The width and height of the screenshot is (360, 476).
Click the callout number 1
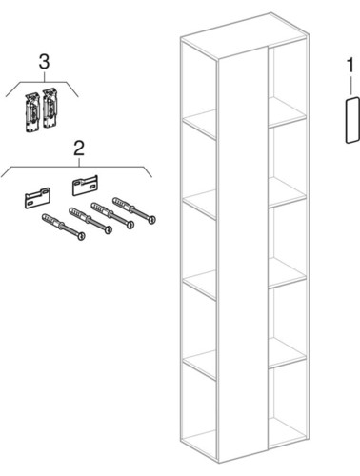pos(350,66)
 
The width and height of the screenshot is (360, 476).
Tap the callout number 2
pos(79,149)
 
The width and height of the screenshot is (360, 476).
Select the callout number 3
pos(44,62)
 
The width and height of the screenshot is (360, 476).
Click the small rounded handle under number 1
pos(352,120)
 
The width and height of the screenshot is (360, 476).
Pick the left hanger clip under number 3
pos(32,111)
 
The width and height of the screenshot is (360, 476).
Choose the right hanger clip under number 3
pos(50,109)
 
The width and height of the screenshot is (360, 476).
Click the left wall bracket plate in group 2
pos(37,198)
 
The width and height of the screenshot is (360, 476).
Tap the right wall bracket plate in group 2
pos(85,186)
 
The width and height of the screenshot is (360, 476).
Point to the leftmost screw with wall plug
pos(64,227)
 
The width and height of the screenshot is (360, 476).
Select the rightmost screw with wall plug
pos(134,210)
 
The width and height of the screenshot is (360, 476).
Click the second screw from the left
pos(90,221)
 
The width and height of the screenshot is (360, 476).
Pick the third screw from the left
pos(112,216)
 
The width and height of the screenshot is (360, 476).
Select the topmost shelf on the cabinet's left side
pos(200,125)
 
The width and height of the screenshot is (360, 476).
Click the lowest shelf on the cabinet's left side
pos(200,366)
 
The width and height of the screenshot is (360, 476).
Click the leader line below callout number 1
pos(350,84)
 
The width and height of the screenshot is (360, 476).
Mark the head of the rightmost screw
pos(152,220)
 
